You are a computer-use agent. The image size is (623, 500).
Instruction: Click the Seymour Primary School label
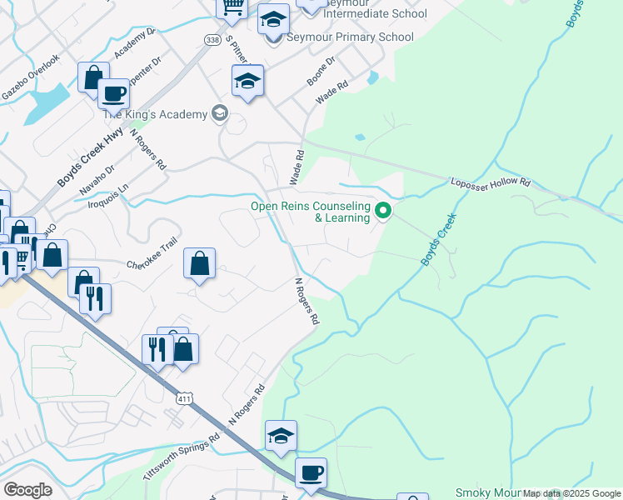(x=350, y=37)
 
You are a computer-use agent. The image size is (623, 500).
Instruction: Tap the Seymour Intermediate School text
(x=375, y=13)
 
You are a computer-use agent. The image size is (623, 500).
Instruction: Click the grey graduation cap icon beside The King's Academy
(x=220, y=112)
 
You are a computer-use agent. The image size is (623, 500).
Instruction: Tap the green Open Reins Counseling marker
(x=383, y=211)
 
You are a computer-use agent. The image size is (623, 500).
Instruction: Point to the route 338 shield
(x=212, y=39)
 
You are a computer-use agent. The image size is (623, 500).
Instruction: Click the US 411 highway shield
(x=186, y=399)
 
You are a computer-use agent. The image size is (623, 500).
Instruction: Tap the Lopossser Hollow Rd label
(x=490, y=182)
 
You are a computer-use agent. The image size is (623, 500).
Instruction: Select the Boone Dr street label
(x=321, y=71)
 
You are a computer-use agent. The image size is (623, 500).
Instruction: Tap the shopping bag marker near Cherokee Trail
(x=200, y=265)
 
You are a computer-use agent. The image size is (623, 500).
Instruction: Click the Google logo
(x=27, y=490)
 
